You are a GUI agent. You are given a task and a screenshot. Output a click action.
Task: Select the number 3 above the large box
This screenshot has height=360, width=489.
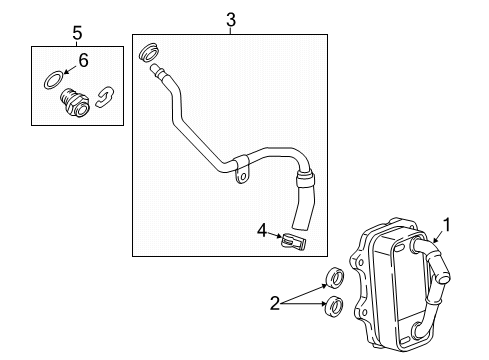pos(230,20)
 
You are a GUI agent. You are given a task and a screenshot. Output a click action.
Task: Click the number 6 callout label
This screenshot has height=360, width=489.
pos(83,60)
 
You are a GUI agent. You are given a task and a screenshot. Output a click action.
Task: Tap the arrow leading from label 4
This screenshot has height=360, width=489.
pos(275,237)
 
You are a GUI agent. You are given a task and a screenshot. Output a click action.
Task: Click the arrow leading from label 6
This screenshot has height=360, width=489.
pos(69,69)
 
